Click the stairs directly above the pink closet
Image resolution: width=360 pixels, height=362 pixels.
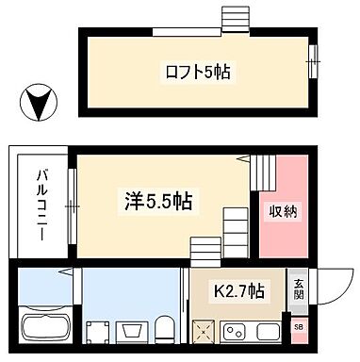click(x=265, y=172)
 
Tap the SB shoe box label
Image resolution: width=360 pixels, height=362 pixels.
click(x=299, y=326)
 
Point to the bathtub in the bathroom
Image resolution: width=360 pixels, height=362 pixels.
click(x=44, y=329)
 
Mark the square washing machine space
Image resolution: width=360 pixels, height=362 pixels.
click(x=93, y=331)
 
